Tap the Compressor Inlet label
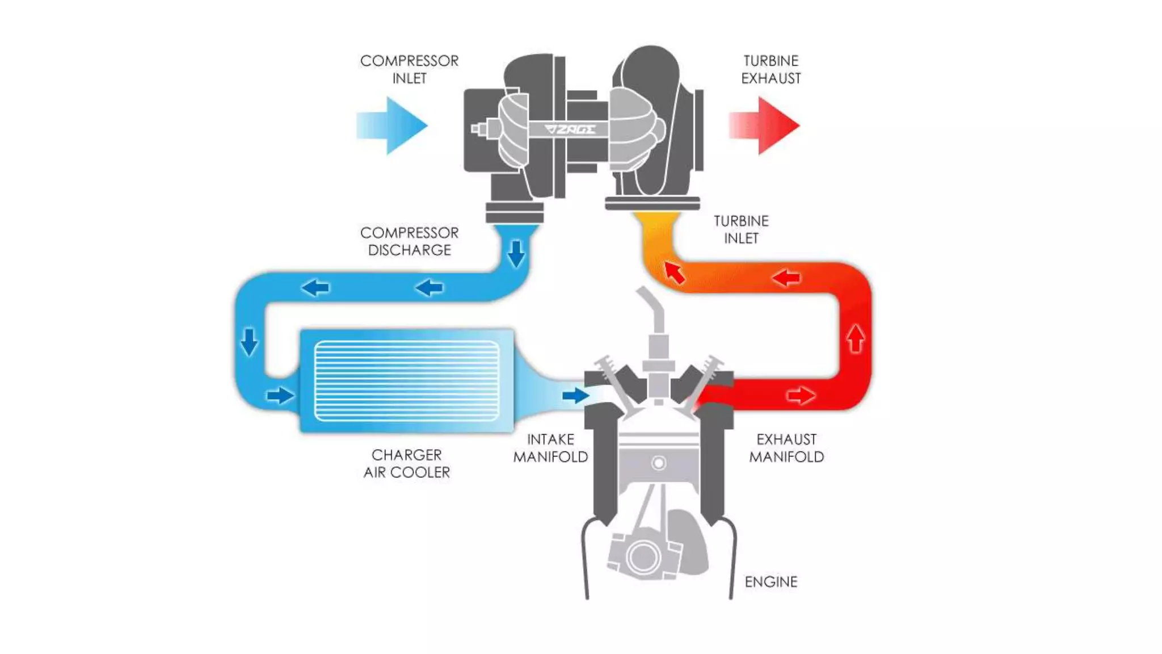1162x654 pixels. click(409, 69)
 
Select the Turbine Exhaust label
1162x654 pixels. click(771, 69)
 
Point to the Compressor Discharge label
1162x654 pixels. click(409, 241)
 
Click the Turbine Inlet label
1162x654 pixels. click(741, 229)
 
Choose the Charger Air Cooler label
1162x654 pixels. click(407, 463)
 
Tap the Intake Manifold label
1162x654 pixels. click(550, 448)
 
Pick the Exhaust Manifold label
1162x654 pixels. click(786, 448)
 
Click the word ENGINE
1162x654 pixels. click(771, 582)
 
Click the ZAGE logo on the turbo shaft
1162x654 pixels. click(571, 129)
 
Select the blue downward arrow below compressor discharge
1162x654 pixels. click(516, 253)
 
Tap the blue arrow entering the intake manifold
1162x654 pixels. click(575, 395)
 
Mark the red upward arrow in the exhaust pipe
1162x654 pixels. click(856, 338)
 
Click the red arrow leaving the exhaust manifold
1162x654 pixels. click(801, 395)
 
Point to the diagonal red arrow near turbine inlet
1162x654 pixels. click(675, 272)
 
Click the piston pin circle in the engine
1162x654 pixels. click(659, 463)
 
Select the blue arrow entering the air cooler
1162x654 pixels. click(280, 395)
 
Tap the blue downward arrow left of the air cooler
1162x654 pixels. click(249, 341)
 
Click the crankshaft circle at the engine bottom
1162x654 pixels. click(643, 557)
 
